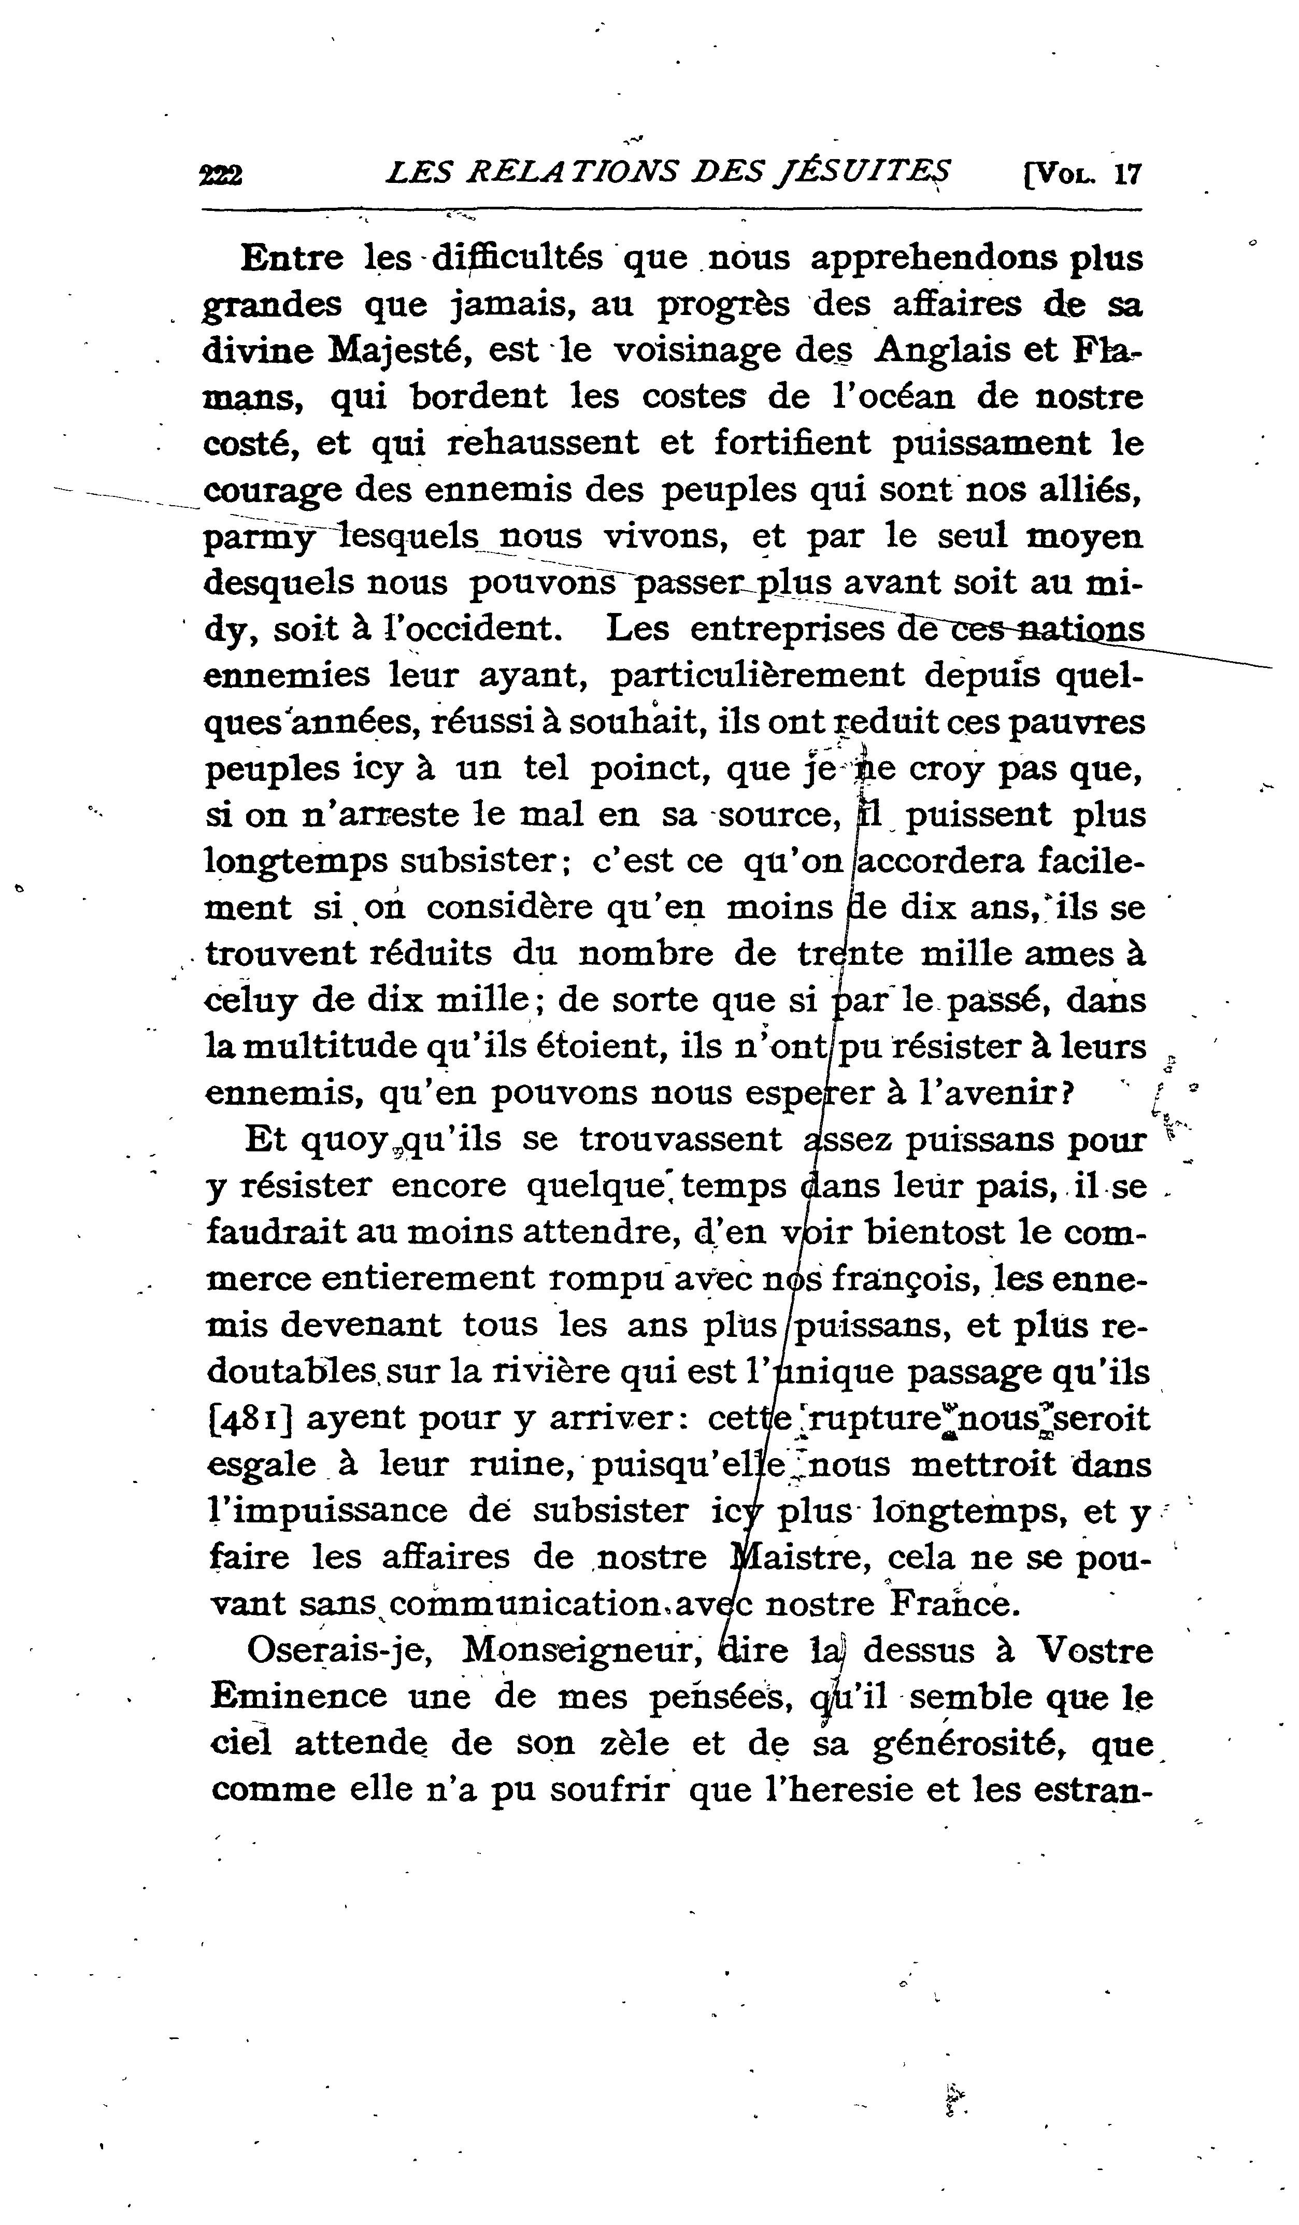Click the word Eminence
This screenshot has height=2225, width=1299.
coord(299,1696)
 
